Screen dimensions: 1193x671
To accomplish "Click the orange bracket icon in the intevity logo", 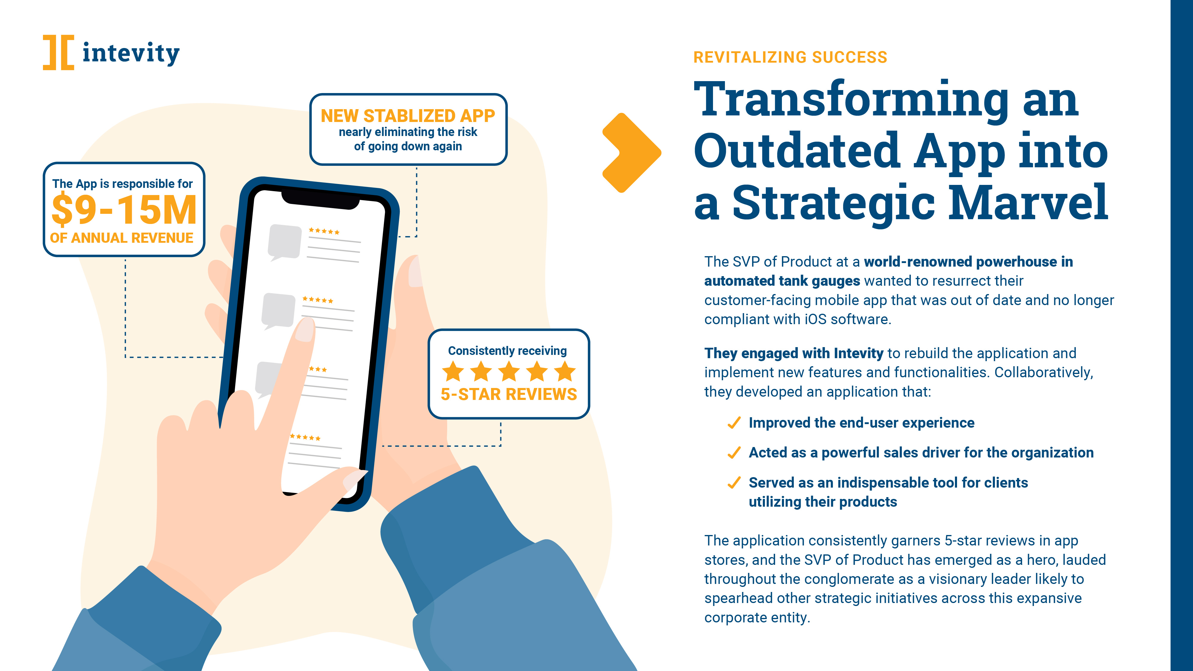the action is [x=58, y=52].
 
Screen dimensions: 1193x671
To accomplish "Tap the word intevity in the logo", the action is [x=131, y=53].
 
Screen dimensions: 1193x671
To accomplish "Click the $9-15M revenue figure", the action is [x=124, y=210].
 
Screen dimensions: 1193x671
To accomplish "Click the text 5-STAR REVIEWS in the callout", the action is [x=509, y=394].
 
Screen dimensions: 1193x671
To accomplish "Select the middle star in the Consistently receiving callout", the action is [x=509, y=371].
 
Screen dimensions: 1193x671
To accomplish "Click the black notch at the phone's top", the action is [x=320, y=200].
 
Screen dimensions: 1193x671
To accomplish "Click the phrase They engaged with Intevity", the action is [x=794, y=353].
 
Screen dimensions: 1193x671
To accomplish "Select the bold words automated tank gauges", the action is [x=782, y=281].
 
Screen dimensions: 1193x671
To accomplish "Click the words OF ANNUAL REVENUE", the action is [x=121, y=238].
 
